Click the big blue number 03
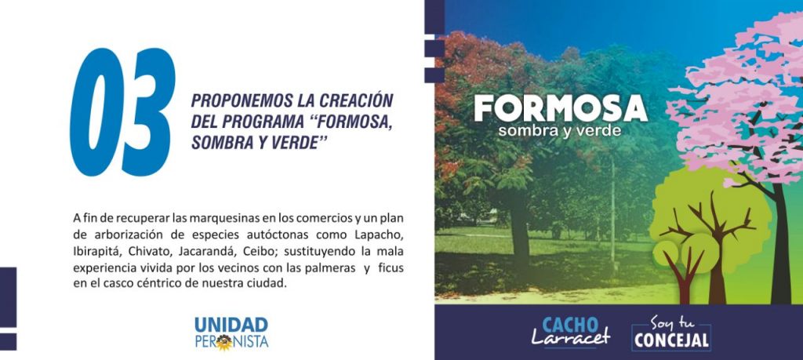point(122,112)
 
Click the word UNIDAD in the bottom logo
point(231,325)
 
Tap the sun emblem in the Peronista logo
point(223,342)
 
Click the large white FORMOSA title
point(561,108)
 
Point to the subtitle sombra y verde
point(560,130)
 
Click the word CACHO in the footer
point(570,325)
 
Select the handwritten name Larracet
point(571,337)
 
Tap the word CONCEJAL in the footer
point(671,340)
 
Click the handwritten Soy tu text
point(671,323)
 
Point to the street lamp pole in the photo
point(613,215)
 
